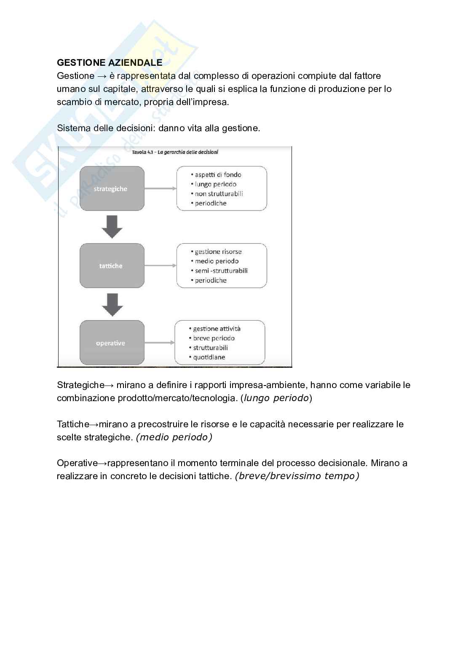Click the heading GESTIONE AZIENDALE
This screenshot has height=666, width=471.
[x=110, y=63]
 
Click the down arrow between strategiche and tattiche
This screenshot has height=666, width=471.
[x=112, y=227]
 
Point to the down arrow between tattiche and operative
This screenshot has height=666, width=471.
[x=112, y=305]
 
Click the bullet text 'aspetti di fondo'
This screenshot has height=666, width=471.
[x=218, y=175]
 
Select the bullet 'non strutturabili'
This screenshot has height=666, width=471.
[x=219, y=194]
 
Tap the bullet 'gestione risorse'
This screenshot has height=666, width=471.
[x=218, y=252]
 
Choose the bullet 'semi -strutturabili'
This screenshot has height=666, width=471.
[x=221, y=271]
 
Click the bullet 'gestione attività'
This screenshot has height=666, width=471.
[x=217, y=329]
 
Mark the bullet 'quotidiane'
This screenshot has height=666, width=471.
[x=209, y=357]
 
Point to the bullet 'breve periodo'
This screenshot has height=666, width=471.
[x=214, y=338]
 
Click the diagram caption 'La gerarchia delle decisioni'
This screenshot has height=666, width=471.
[x=188, y=152]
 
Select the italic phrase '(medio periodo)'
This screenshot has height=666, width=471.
[x=174, y=437]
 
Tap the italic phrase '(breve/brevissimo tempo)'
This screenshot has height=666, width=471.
[x=297, y=476]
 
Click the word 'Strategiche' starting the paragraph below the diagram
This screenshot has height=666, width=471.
[x=80, y=385]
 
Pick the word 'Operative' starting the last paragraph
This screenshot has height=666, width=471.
[x=78, y=463]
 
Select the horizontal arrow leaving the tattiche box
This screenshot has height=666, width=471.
[x=161, y=266]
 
